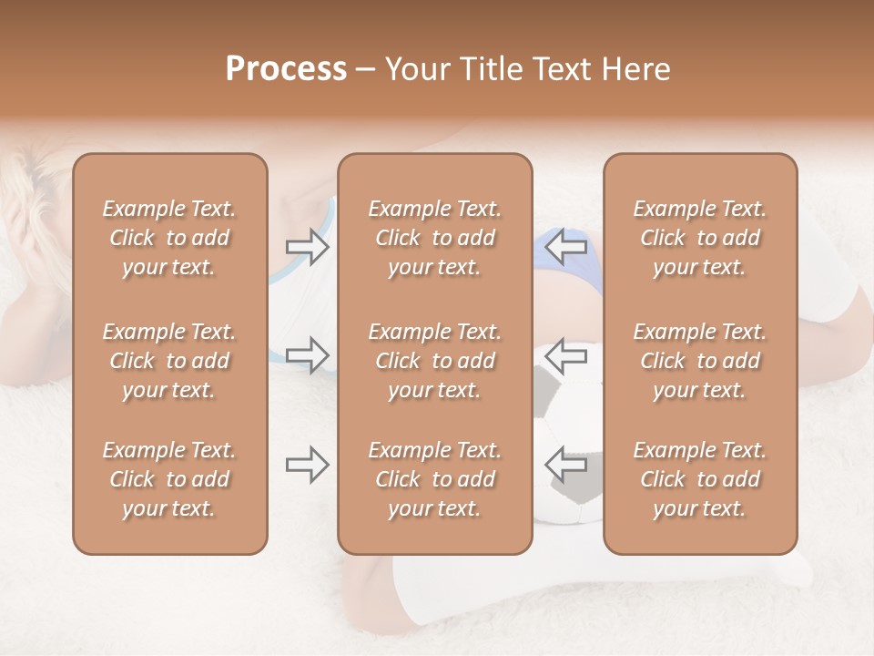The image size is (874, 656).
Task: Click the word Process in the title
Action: tap(286, 69)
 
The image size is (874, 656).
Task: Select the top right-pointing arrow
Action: tap(308, 247)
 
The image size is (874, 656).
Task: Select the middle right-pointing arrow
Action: tap(308, 354)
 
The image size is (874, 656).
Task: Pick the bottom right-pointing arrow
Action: tap(308, 465)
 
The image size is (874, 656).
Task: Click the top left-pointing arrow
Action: tap(565, 245)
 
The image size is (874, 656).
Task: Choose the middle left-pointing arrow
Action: tap(565, 355)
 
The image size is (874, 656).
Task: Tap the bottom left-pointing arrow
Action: tap(565, 464)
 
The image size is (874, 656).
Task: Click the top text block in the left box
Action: tap(169, 238)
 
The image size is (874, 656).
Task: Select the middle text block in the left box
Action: tap(169, 361)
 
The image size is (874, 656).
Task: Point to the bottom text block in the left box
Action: tap(169, 479)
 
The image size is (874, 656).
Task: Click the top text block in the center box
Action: tap(434, 238)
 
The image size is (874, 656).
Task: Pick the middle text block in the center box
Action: tap(434, 361)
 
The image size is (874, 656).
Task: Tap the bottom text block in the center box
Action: tap(434, 479)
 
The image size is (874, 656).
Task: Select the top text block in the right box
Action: tap(699, 238)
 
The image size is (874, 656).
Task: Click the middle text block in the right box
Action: tap(699, 361)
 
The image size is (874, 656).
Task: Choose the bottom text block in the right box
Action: tap(699, 479)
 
